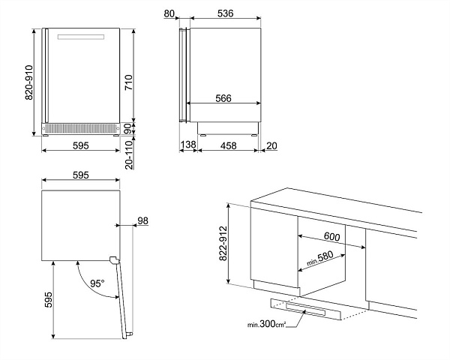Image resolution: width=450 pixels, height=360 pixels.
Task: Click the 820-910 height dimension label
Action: pos(29,82)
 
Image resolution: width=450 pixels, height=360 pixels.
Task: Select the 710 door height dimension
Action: pos(129,82)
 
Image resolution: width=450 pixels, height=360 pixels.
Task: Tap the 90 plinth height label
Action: pos(129,128)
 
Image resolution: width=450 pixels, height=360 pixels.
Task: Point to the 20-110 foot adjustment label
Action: pos(130,154)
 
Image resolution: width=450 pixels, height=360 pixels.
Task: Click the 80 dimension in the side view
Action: pos(169,13)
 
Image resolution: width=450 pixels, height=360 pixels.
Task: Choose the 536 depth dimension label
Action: pos(225,13)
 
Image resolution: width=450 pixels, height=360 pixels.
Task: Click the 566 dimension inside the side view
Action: pos(223,98)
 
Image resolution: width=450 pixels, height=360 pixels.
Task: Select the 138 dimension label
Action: pos(188,145)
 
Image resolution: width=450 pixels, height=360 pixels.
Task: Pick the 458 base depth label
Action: pos(229,145)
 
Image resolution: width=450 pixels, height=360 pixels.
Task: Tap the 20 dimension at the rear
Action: pos(271,145)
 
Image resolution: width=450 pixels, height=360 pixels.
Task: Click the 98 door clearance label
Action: pos(143,220)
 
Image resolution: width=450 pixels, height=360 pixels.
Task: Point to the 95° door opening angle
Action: pos(97,283)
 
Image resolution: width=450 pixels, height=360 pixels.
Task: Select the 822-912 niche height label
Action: pos(223,244)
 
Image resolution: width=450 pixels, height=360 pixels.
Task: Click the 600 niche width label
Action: pos(332,236)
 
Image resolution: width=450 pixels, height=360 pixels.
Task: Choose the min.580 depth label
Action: pos(320,258)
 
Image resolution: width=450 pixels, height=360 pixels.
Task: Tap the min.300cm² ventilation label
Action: pos(266,325)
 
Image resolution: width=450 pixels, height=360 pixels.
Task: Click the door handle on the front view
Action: pos(81,37)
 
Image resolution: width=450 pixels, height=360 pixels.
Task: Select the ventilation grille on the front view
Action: pos(81,128)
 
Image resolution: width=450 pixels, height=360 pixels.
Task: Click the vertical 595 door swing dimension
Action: pos(49,300)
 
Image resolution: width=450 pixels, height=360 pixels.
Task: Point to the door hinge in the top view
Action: pos(114,259)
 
